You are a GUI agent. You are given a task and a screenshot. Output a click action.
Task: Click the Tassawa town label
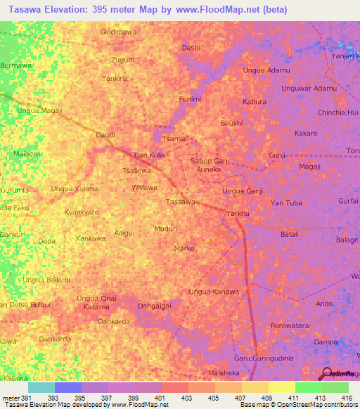coord(180,202)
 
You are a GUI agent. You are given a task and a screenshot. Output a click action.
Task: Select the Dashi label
coord(191,48)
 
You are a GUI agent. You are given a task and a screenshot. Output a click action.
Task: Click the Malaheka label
coord(224,372)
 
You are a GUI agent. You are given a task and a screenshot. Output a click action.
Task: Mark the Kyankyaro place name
coord(82,212)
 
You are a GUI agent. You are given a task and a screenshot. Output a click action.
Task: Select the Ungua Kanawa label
coord(214,292)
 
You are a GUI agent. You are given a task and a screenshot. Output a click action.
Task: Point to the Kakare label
coord(306,133)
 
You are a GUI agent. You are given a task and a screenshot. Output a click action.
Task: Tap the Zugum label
coord(122,61)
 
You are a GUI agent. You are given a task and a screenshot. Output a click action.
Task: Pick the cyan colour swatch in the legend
coord(41,387)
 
